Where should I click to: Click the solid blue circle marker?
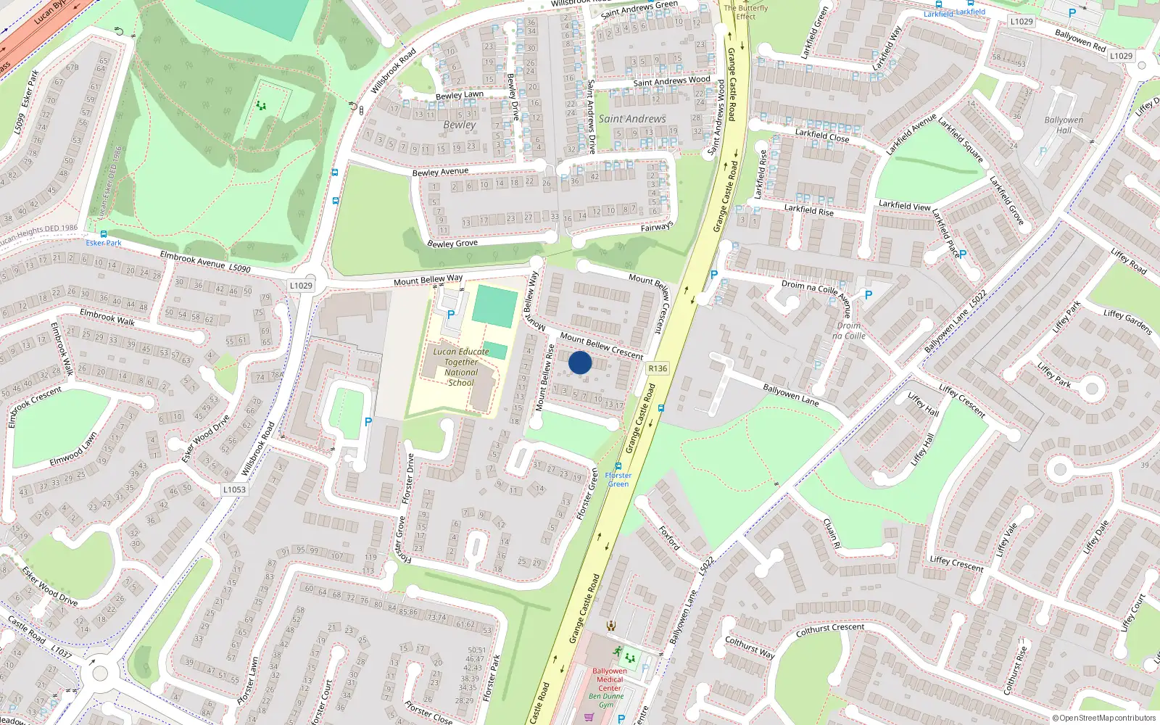tap(580, 362)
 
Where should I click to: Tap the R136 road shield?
tap(658, 368)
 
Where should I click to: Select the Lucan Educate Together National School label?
tap(461, 367)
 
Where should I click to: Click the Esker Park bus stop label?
tap(104, 243)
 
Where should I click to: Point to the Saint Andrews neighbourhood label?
tap(631, 119)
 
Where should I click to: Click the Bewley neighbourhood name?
tap(460, 125)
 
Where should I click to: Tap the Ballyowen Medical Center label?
tap(609, 679)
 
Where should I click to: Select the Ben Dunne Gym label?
tap(606, 700)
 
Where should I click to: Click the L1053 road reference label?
tap(234, 489)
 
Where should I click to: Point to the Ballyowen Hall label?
tap(1064, 125)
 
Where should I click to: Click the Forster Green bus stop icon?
tap(618, 466)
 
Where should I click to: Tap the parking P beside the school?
tap(451, 315)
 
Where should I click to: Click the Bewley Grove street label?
tap(452, 244)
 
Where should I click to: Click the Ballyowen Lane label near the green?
tap(790, 395)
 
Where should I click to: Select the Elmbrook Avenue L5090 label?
tap(205, 262)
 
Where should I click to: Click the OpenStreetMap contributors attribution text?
tap(1104, 718)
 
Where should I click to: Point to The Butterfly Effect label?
tap(745, 12)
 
